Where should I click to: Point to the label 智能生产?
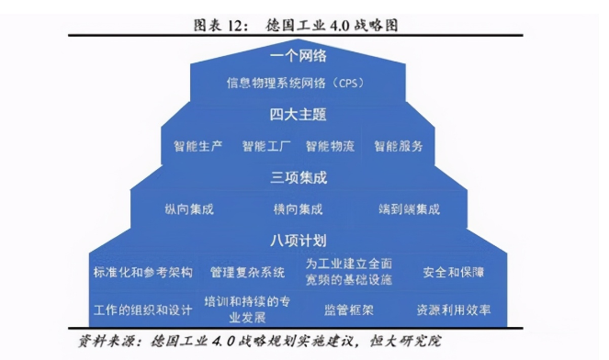coord(198,146)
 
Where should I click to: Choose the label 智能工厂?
coord(266,146)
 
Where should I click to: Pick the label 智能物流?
coord(331,146)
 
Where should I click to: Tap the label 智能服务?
coord(399,146)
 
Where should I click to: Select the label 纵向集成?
coord(190,209)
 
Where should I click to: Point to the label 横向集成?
coord(299,209)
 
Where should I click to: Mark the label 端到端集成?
coord(410,209)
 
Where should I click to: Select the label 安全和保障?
coord(454,273)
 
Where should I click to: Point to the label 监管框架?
coord(349,309)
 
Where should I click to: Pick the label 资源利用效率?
coord(454,309)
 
